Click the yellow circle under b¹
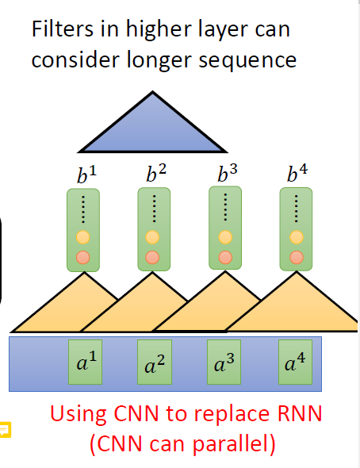pos(83,237)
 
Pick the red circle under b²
pos(155,256)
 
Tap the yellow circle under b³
pos(225,236)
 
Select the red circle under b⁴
pos(297,256)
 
